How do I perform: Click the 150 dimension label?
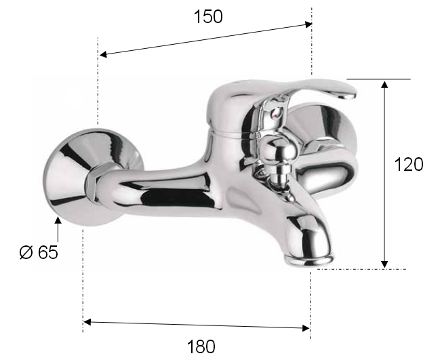click(208, 16)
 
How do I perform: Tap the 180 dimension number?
click(201, 346)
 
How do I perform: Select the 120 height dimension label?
click(409, 165)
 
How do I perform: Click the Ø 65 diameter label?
click(39, 252)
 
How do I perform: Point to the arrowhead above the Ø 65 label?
click(58, 220)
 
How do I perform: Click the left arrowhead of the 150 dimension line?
click(103, 54)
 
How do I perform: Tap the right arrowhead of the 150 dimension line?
click(308, 24)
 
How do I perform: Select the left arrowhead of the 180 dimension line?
click(87, 322)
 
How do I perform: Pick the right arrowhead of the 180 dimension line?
click(306, 327)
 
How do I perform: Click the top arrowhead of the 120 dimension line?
click(384, 84)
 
